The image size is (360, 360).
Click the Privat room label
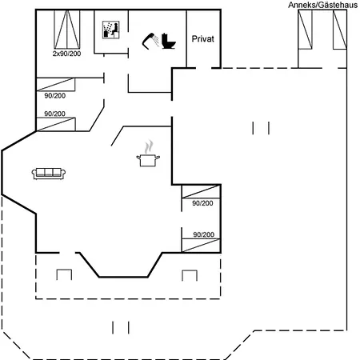click(202, 39)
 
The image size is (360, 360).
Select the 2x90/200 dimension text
click(66, 54)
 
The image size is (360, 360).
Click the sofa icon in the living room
click(49, 174)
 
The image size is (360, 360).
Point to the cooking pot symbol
click(148, 160)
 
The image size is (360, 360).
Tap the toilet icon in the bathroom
click(168, 41)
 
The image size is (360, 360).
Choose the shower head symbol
click(150, 41)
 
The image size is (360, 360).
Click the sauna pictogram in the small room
click(111, 30)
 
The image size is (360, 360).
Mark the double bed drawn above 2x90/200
click(67, 30)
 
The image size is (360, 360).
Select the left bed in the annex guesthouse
click(305, 30)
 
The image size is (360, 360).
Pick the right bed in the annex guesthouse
click(340, 30)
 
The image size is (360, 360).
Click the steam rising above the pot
click(149, 146)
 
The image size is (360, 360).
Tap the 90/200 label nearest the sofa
click(54, 114)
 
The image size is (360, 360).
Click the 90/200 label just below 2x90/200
click(54, 95)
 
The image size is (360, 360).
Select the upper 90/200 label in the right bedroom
click(202, 203)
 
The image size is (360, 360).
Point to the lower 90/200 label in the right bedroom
click(204, 234)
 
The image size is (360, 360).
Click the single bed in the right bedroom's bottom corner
click(201, 246)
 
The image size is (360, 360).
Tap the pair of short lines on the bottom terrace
click(121, 328)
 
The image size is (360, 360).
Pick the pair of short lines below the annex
click(261, 128)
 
